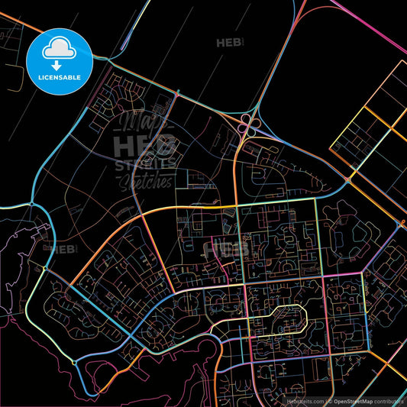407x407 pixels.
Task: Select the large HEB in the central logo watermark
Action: point(145,145)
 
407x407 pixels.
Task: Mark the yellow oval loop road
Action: point(279,321)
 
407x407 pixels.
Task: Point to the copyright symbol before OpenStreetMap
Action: point(331,400)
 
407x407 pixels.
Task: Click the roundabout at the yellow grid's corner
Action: point(347,180)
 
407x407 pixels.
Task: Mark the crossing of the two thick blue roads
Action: point(131,335)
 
